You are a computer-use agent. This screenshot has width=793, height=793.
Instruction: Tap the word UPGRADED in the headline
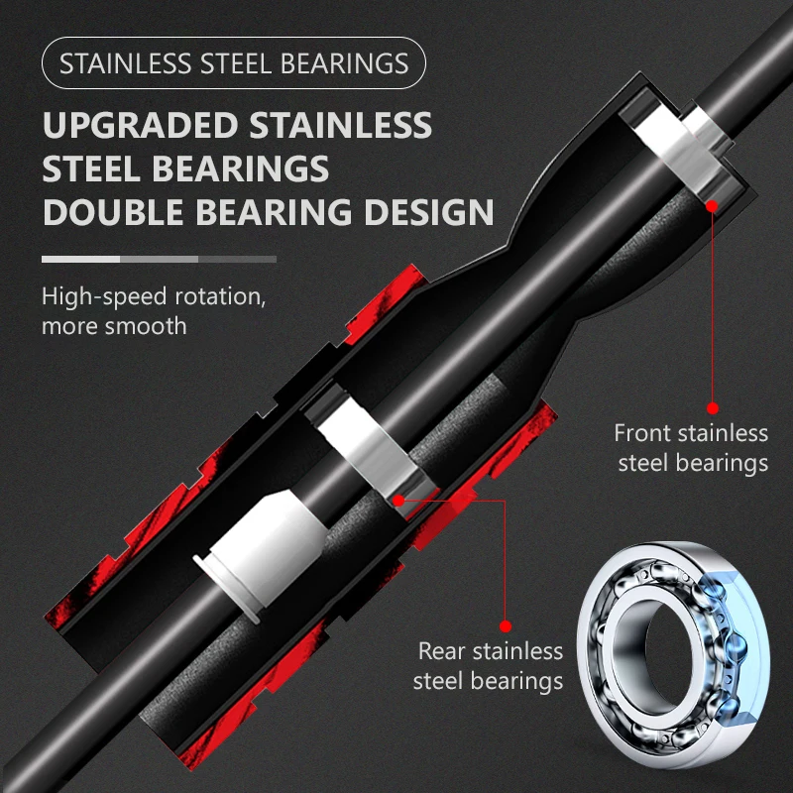pyautogui.click(x=140, y=126)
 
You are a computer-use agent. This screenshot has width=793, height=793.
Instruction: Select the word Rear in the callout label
pyautogui.click(x=441, y=651)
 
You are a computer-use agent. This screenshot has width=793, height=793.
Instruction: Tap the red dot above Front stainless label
pyautogui.click(x=711, y=406)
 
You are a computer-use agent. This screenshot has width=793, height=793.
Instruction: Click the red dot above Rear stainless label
pyautogui.click(x=505, y=626)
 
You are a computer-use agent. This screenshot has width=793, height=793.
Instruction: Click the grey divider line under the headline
pyautogui.click(x=159, y=259)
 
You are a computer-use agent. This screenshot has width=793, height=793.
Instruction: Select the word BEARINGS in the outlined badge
pyautogui.click(x=345, y=64)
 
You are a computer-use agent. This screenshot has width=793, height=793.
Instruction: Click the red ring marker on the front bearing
pyautogui.click(x=711, y=205)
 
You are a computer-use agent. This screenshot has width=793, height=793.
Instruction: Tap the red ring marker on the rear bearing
pyautogui.click(x=398, y=502)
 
